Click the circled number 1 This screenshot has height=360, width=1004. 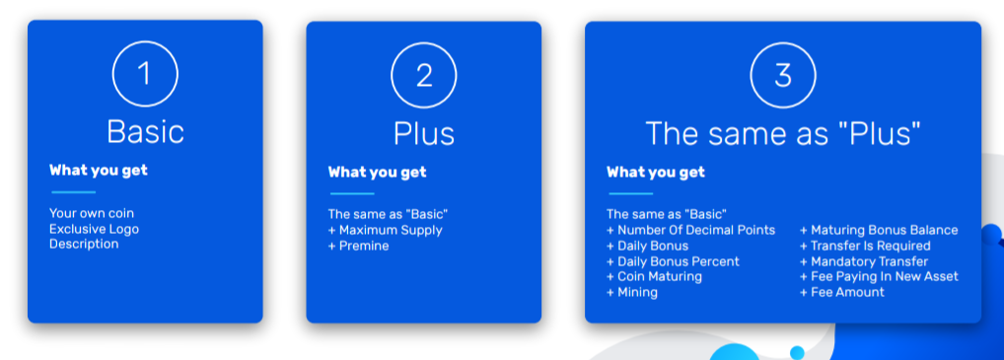coord(145,74)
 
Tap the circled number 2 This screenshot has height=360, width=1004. coord(424,75)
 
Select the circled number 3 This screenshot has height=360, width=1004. coord(783,75)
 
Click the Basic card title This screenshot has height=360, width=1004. coord(145,132)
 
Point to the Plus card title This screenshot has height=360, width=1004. coord(424,133)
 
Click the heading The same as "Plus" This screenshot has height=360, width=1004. coord(783,133)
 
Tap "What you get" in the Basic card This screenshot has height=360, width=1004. coord(99,171)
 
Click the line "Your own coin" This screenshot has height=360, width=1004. coord(92,213)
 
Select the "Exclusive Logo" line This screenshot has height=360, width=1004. coord(94,229)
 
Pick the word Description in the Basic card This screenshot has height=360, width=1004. coord(84,244)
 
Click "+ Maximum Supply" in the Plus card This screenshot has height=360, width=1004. coord(386,231)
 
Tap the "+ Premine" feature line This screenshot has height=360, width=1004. coord(359,246)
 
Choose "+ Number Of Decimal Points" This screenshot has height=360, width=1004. coord(691,231)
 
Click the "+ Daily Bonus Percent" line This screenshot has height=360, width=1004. coord(673,261)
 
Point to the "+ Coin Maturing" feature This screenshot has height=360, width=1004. coord(655,277)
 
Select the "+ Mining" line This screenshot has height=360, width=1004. coord(632,293)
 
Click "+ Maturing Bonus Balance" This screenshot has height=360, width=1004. coord(879,231)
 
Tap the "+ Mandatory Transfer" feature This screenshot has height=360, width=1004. coord(864,261)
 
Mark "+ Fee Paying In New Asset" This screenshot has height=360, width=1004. coord(879,277)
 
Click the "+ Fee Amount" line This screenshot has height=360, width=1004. coord(842,293)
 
